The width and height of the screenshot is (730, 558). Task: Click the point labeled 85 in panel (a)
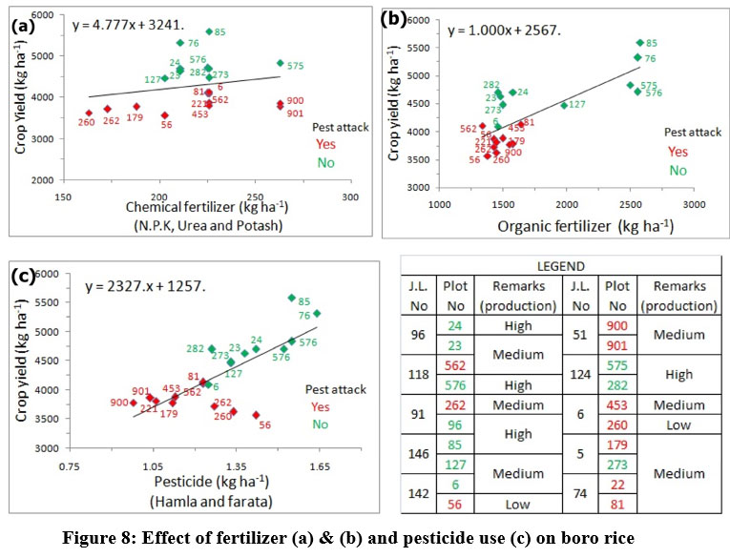coord(209,31)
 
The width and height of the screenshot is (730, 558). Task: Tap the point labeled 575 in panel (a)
coord(280,63)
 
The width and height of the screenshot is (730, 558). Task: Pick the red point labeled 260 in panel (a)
coord(89,113)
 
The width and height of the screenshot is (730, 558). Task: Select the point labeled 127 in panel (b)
coord(564,105)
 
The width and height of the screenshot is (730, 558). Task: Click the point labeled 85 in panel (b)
coord(640,42)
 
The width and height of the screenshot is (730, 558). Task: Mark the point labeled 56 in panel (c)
coord(256,415)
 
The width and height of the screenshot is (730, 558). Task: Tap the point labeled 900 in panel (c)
coord(134,403)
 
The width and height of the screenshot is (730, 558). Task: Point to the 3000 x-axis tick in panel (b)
coord(693,203)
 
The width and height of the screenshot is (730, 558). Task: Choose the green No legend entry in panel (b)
coord(678,171)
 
